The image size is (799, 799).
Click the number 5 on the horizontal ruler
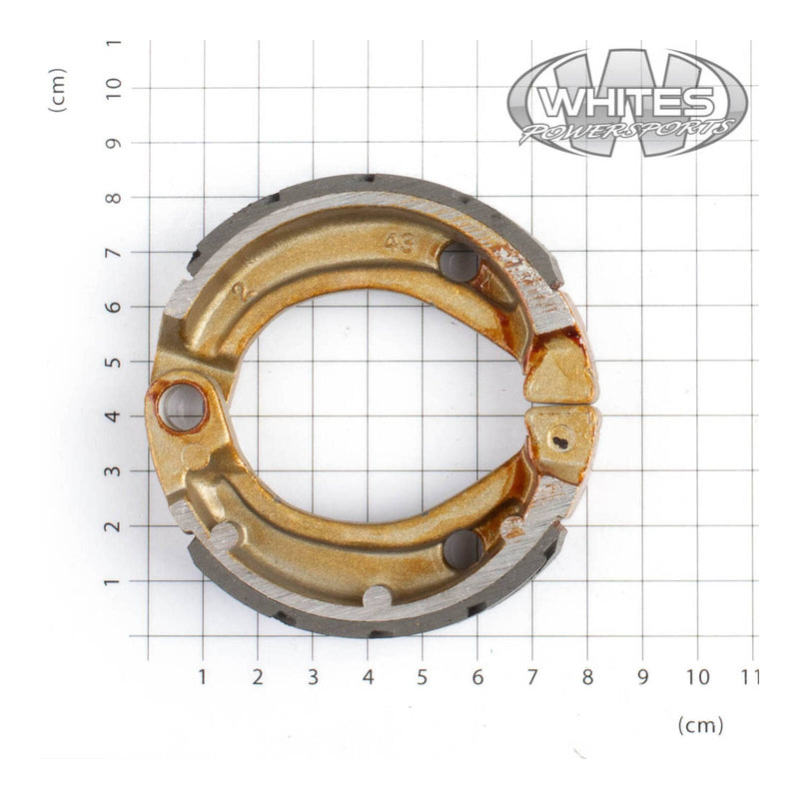tap(422, 677)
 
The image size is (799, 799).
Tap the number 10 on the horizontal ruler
tap(697, 677)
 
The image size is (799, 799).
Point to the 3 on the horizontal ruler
tap(313, 677)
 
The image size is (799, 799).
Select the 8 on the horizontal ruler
tap(587, 677)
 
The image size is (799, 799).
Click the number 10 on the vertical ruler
tap(114, 87)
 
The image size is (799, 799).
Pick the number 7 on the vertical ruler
tap(114, 252)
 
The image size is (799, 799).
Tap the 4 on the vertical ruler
tap(114, 416)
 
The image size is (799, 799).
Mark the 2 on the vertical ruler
tap(114, 526)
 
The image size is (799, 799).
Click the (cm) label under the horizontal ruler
tap(700, 724)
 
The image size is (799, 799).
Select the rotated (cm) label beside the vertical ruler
tap(58, 90)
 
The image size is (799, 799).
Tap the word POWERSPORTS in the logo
tap(627, 131)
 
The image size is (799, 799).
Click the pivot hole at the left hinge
tap(181, 407)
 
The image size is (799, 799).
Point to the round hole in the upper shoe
tap(458, 263)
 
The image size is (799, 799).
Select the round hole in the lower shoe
tap(462, 548)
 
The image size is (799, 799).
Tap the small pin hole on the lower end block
tap(560, 435)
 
